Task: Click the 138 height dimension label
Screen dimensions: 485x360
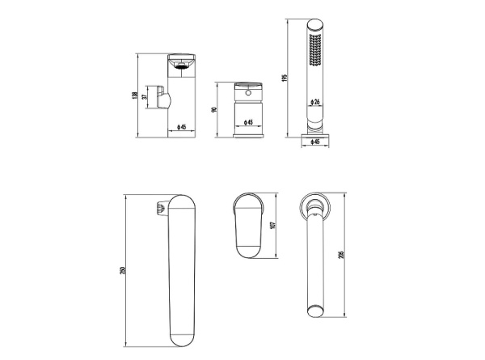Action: [x=134, y=95]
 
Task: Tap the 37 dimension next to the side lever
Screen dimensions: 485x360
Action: [x=144, y=97]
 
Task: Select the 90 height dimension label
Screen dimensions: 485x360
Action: [x=213, y=109]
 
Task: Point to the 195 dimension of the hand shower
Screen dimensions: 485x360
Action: [x=285, y=78]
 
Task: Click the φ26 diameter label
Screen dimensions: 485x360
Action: [x=314, y=102]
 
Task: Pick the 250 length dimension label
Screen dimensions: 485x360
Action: [x=123, y=270]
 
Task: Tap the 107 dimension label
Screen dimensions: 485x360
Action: [x=272, y=225]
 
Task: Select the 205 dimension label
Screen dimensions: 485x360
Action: [x=341, y=255]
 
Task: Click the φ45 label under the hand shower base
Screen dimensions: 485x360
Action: [x=314, y=142]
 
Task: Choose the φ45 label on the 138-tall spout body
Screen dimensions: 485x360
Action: [x=182, y=127]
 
